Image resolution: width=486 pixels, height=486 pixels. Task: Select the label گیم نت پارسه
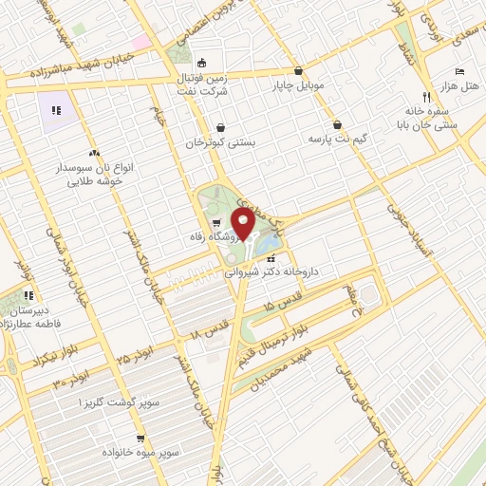[x=338, y=139]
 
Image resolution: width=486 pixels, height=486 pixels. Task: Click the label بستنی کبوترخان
[x=220, y=142]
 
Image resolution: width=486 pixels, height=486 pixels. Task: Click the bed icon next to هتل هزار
[x=459, y=71]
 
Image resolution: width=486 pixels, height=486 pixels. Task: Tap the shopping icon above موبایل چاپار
[x=299, y=70]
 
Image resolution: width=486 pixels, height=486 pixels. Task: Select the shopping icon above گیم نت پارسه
[x=337, y=124]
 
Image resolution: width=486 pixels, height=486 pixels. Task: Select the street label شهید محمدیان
[x=283, y=371]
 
